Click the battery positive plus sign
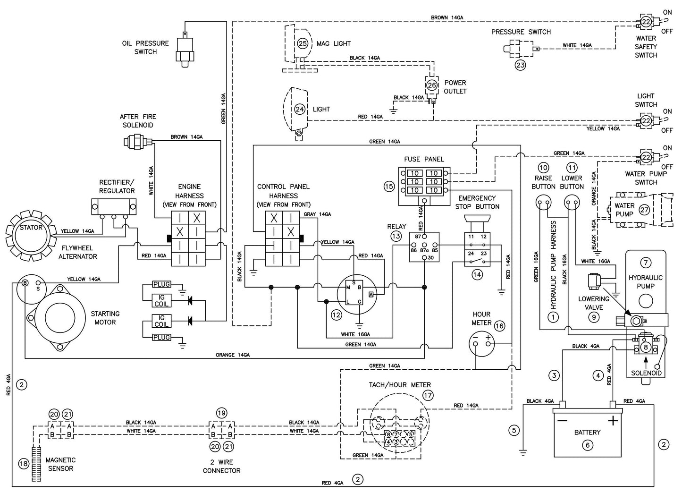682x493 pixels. point(613,420)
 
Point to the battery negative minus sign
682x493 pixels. point(562,420)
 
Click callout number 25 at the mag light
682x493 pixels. point(303,43)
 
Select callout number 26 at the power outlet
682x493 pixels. point(432,85)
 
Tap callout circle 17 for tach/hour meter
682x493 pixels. point(428,396)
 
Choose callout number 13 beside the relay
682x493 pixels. point(396,236)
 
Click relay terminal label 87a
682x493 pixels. point(424,250)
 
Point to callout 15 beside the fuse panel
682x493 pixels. point(389,187)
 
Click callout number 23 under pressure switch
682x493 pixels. point(520,65)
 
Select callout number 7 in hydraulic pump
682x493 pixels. point(645,263)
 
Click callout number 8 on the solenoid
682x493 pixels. point(645,347)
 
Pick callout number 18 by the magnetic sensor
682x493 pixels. point(24,464)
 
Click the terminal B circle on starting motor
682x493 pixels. point(24,283)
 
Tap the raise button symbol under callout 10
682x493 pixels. point(543,204)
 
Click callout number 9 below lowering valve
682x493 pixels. point(594,317)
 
